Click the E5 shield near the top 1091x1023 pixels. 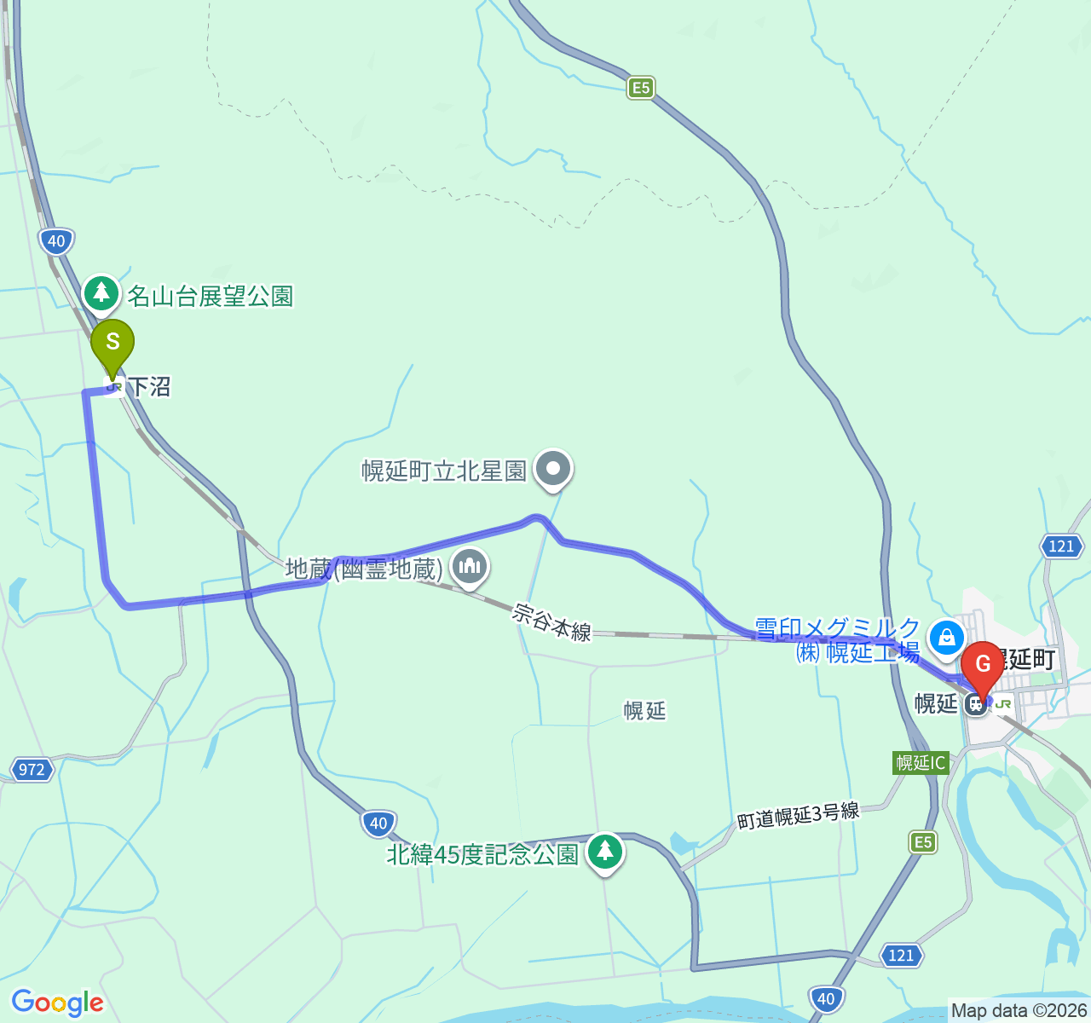click(x=641, y=87)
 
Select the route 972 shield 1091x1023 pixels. click(x=32, y=770)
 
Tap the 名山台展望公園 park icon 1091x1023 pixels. click(x=102, y=293)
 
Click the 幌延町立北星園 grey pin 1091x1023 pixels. click(x=554, y=468)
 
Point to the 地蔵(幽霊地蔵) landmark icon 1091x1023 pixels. click(x=470, y=566)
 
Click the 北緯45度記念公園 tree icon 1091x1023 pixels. click(x=604, y=850)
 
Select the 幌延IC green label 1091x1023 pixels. click(x=921, y=762)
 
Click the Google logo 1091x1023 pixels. click(x=57, y=1003)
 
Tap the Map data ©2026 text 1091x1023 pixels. click(x=1019, y=1011)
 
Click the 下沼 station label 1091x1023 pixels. click(x=148, y=387)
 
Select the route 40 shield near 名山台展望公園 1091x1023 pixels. click(x=56, y=240)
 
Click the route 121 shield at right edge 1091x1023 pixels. click(x=1061, y=546)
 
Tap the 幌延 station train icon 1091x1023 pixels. click(x=976, y=704)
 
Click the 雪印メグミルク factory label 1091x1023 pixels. click(x=837, y=640)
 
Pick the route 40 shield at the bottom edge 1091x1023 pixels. click(x=825, y=998)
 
